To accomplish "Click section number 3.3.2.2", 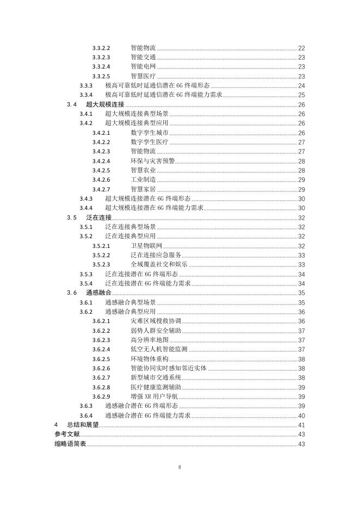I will coord(101,48).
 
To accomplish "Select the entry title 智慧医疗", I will coord(143,76).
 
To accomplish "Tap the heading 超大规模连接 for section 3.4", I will coord(105,104).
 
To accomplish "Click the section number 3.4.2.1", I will coord(101,133).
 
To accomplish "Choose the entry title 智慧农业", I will coord(143,170).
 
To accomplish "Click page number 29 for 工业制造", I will coord(301,180).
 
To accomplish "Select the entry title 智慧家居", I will coord(143,189).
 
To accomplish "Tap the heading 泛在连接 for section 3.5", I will coord(98,218).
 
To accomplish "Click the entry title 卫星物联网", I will coord(146,246).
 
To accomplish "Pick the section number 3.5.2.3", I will coord(101,264).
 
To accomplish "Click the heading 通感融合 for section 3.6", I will coord(98,293).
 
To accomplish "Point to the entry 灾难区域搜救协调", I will coord(156,321).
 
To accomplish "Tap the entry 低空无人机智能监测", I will coord(159,349).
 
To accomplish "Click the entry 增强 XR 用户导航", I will coord(154,396).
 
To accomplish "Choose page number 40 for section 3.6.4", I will coord(301,415).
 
